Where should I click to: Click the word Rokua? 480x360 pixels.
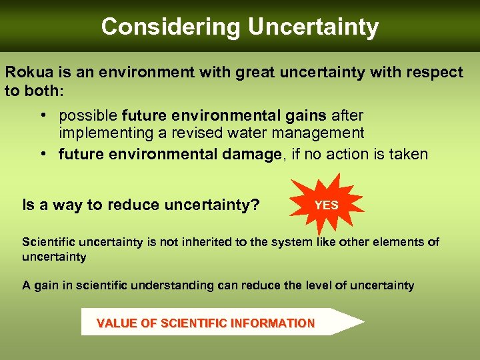27,72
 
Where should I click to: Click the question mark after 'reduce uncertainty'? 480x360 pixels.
255,205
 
